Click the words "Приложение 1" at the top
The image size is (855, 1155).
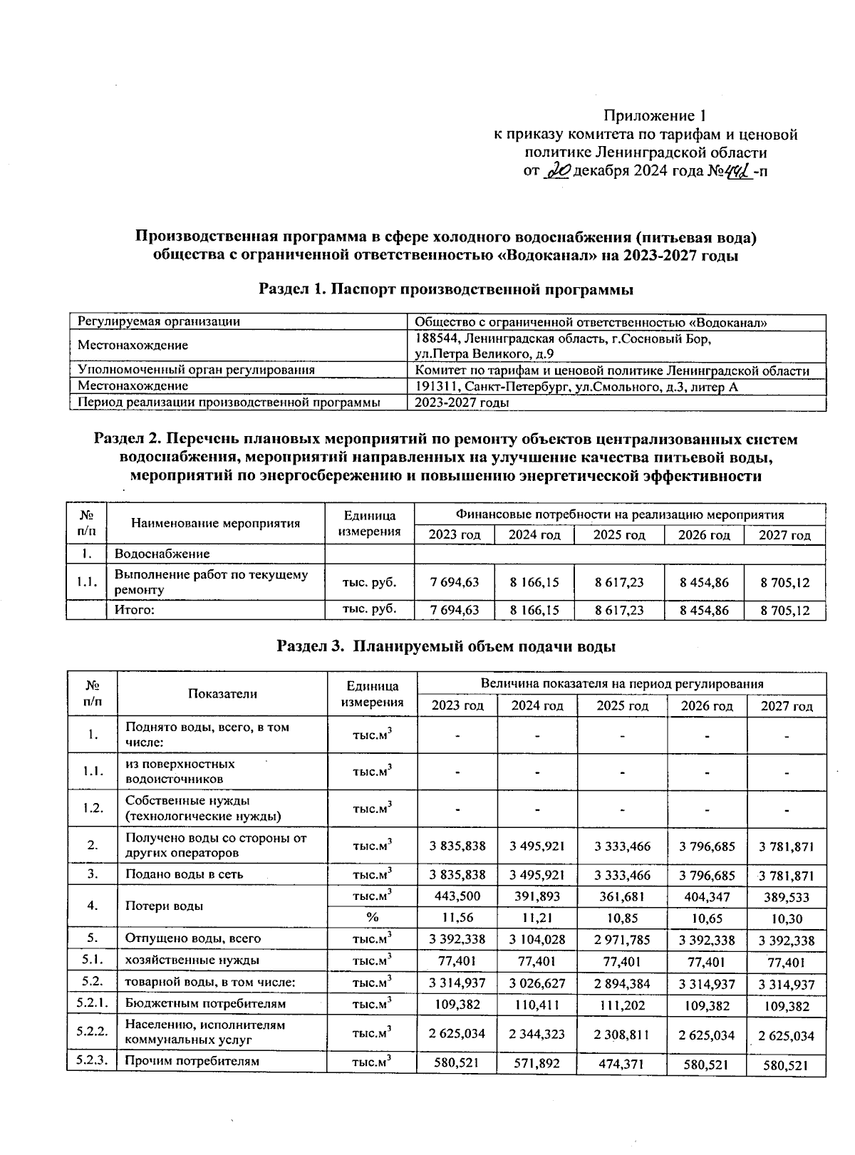tap(654, 115)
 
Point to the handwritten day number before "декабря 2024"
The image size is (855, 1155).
tap(558, 171)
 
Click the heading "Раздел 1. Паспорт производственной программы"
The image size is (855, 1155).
tap(446, 289)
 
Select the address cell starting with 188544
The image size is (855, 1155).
tap(562, 346)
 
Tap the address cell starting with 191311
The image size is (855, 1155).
tap(576, 386)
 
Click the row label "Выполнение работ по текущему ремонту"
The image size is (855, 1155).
tap(211, 582)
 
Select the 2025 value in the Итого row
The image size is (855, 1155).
tap(618, 610)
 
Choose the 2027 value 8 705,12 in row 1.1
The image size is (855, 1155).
tap(784, 582)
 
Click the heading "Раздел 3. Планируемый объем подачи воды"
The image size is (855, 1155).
tap(446, 646)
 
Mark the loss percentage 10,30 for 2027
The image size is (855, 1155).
tap(786, 918)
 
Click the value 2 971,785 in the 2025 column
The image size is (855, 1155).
tap(622, 940)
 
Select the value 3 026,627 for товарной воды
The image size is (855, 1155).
tap(537, 984)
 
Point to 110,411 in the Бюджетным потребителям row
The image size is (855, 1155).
tap(537, 1005)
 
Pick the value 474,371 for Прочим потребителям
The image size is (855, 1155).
tap(622, 1064)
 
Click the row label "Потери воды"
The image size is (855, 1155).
tap(164, 906)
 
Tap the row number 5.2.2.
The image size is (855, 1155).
tap(92, 1030)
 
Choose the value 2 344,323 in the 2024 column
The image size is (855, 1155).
tap(537, 1035)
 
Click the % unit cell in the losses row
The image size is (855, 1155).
tap(372, 917)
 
